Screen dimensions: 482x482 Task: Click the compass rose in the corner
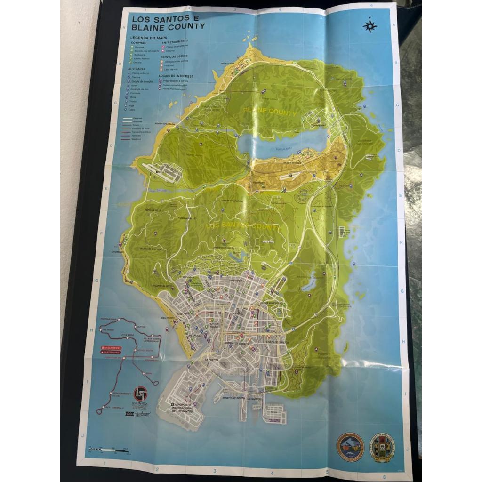[370, 25]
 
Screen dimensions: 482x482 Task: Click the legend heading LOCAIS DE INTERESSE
[177, 75]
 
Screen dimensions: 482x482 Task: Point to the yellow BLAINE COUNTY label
[270, 112]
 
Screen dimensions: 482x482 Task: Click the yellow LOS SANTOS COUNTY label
[242, 227]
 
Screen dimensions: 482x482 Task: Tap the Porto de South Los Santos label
[238, 399]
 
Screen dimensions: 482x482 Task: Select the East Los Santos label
[278, 343]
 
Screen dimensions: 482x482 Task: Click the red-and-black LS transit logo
[140, 394]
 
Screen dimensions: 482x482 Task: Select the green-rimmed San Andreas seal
[382, 448]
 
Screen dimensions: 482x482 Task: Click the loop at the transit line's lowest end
[99, 411]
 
